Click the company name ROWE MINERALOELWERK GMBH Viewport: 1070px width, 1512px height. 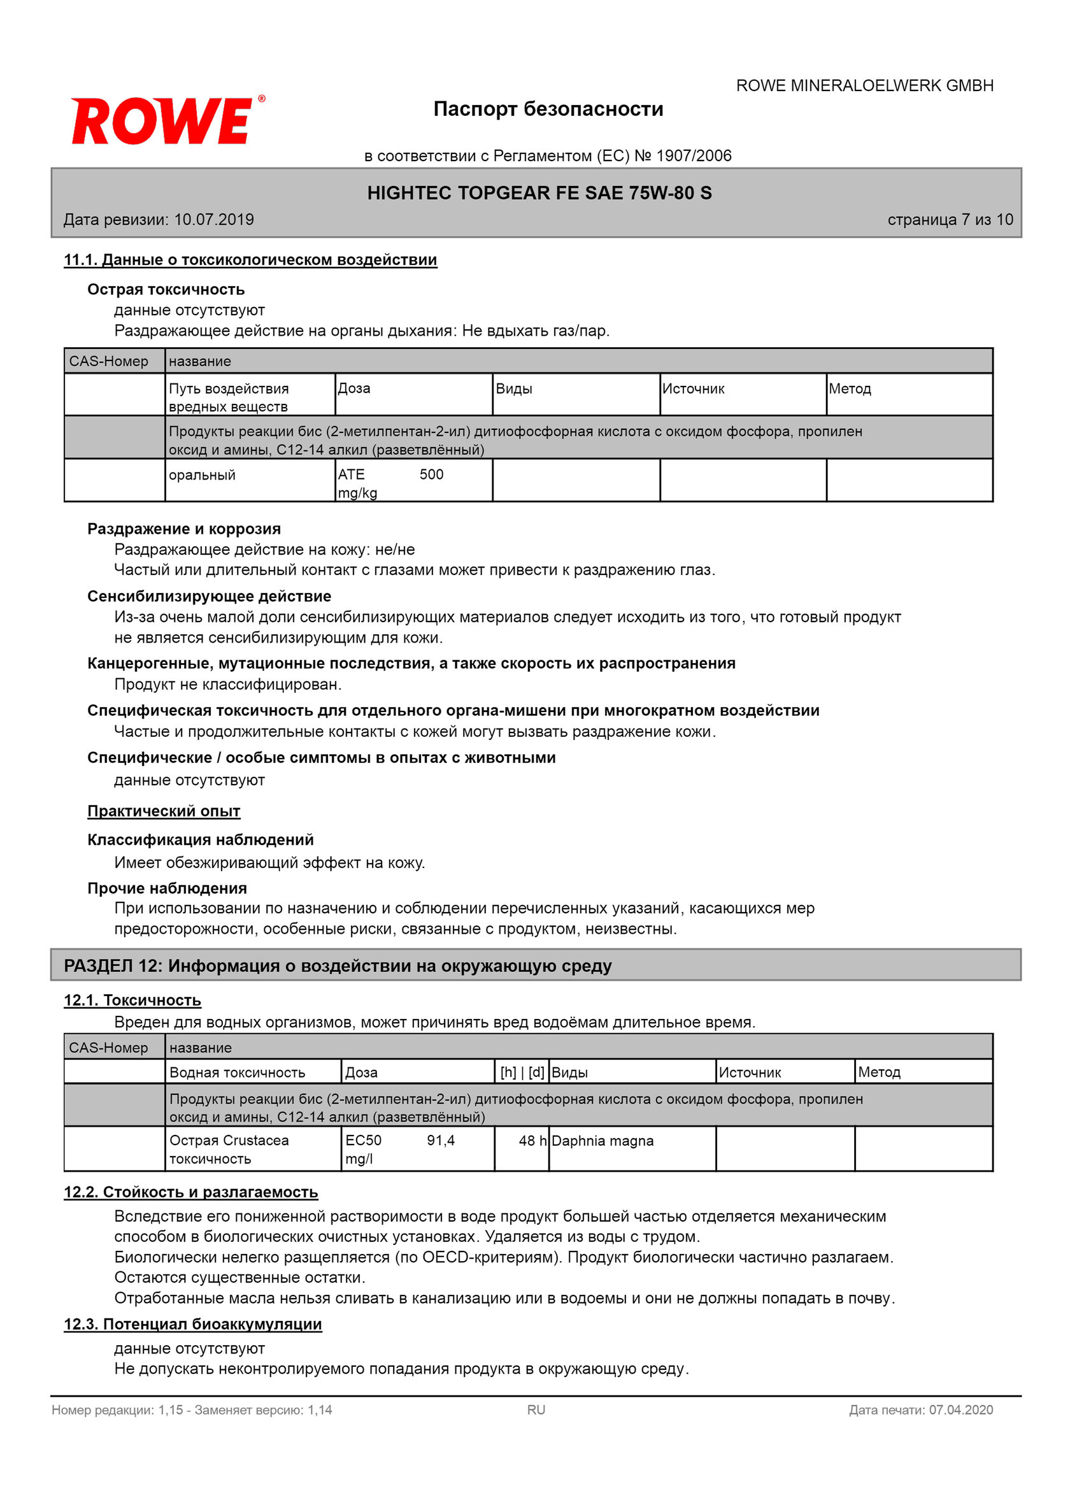coord(864,85)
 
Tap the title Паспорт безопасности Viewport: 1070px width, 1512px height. coord(548,109)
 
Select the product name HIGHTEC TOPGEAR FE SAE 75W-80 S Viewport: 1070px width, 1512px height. coord(539,193)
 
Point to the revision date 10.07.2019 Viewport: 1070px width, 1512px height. coord(213,219)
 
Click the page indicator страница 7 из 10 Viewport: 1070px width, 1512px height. coord(950,219)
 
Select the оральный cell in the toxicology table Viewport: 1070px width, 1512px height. coord(202,475)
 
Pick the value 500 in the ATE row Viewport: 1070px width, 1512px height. coord(431,474)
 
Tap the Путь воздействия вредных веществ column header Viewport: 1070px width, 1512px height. coord(229,397)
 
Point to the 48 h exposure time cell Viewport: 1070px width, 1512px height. coord(532,1141)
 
